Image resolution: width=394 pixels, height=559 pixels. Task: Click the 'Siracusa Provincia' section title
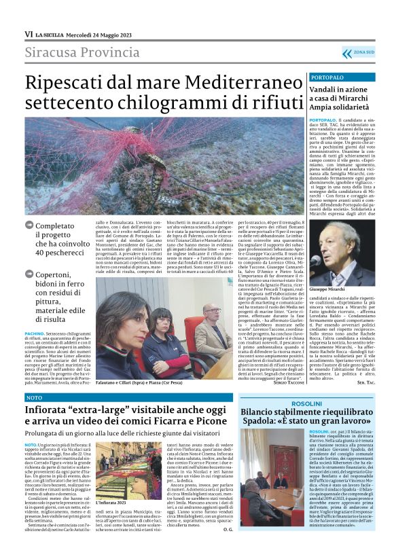[82, 53]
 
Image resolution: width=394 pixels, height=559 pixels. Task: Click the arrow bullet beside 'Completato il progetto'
[28, 224]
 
